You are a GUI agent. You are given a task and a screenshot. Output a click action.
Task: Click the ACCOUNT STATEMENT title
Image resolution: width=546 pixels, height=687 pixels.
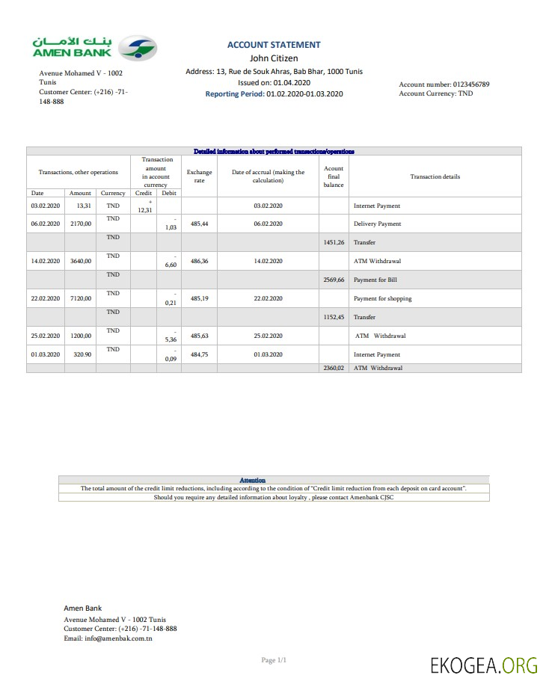(274, 45)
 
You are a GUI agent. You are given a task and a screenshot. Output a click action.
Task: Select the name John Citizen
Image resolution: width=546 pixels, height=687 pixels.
(274, 58)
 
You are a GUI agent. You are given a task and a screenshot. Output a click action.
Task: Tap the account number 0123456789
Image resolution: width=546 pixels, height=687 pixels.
(464, 84)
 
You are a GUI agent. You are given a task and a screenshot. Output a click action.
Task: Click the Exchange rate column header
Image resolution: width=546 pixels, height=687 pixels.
(199, 176)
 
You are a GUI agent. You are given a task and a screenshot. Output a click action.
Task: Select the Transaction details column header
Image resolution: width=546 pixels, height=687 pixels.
(435, 176)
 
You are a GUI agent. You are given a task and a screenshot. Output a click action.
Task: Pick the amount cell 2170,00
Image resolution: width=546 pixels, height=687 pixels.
(80, 224)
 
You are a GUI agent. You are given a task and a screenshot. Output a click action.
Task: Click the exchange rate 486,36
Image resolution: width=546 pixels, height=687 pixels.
(199, 261)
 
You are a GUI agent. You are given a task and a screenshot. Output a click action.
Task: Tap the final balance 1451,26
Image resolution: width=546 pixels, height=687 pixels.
(334, 242)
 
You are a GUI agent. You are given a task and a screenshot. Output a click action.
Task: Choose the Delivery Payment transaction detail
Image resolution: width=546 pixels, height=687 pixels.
(377, 224)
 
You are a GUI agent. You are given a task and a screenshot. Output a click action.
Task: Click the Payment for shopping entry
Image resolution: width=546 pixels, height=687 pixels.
(382, 298)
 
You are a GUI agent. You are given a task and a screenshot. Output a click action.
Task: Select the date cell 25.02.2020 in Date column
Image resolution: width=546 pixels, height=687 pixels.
(45, 336)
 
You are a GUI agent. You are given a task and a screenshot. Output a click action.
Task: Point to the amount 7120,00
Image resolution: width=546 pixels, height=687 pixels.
(80, 298)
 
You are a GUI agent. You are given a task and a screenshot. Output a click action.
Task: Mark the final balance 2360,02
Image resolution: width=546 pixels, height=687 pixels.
(334, 368)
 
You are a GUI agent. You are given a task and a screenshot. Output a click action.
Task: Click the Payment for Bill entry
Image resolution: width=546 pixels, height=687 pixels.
(375, 280)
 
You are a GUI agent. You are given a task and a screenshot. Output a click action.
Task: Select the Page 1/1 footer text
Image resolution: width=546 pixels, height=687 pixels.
(274, 660)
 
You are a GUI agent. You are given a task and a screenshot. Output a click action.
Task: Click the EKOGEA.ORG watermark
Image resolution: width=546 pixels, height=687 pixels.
(483, 665)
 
